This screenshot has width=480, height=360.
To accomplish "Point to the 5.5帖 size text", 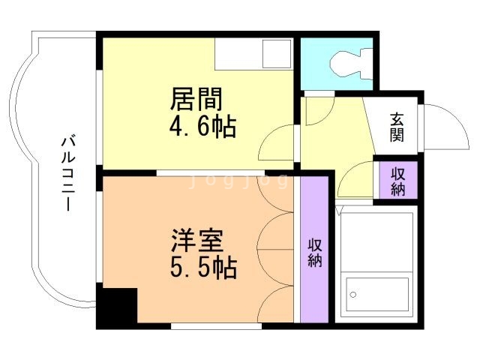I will (x=201, y=268).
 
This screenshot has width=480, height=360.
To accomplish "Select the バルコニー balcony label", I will (x=67, y=172).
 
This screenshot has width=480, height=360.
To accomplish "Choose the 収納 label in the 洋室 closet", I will (x=314, y=252).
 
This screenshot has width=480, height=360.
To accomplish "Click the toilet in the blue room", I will (x=347, y=61).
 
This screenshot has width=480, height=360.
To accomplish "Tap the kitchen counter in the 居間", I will (x=253, y=54).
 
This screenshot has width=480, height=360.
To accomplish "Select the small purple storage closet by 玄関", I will (x=397, y=181).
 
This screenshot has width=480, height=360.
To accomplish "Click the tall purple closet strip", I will (x=314, y=251).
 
